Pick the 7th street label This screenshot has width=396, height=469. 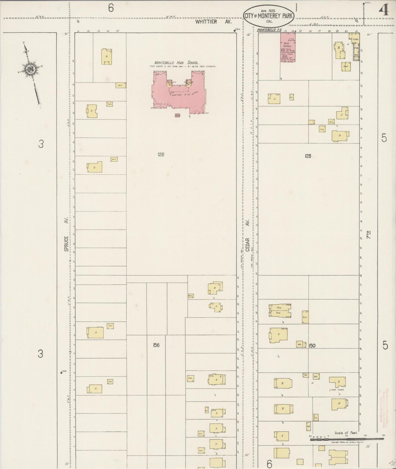point(369,235)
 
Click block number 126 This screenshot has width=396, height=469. point(161,155)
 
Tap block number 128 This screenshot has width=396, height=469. point(308,156)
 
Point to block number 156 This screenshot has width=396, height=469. point(156,345)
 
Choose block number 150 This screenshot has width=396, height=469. point(312,346)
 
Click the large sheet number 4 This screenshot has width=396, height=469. point(384,11)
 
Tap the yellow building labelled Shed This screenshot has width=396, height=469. point(346,66)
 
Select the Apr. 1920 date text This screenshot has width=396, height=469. point(268,11)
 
